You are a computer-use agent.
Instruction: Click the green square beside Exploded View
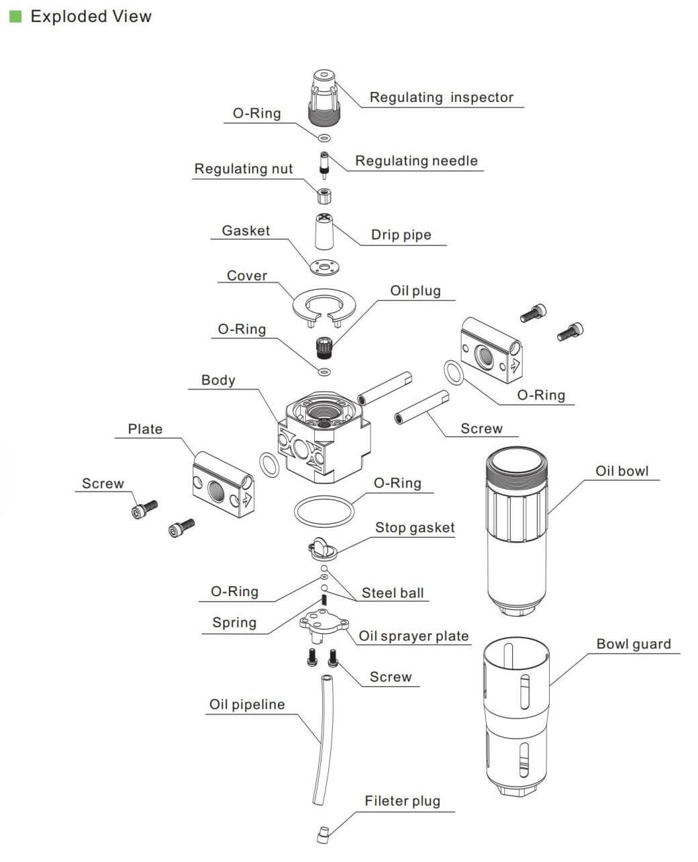point(15,16)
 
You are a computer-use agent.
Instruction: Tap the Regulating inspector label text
point(441,97)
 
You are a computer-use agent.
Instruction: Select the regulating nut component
point(324,195)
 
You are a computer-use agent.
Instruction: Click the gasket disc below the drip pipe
point(326,267)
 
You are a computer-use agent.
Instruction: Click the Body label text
point(218,380)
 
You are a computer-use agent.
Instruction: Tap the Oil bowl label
point(622,471)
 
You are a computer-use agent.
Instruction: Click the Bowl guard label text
point(633,644)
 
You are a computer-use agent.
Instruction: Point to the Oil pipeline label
point(247,704)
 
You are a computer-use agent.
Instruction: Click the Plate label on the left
point(145,429)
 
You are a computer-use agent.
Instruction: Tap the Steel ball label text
point(393,593)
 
